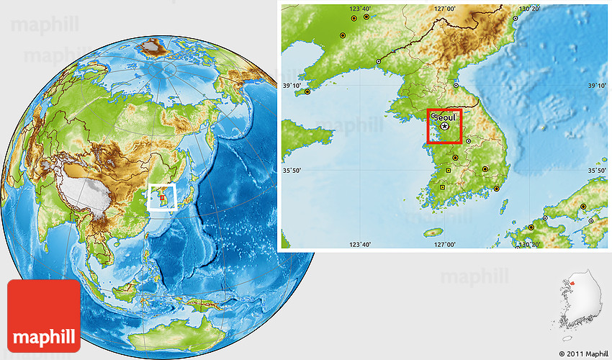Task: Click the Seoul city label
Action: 446,117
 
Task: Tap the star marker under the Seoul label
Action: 445,127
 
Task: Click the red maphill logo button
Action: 44,316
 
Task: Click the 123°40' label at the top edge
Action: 360,9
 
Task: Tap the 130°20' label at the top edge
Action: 529,9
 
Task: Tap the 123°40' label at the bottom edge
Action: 360,245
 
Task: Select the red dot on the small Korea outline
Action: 574,283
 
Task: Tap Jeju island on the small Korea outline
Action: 569,336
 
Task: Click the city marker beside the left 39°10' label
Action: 307,91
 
